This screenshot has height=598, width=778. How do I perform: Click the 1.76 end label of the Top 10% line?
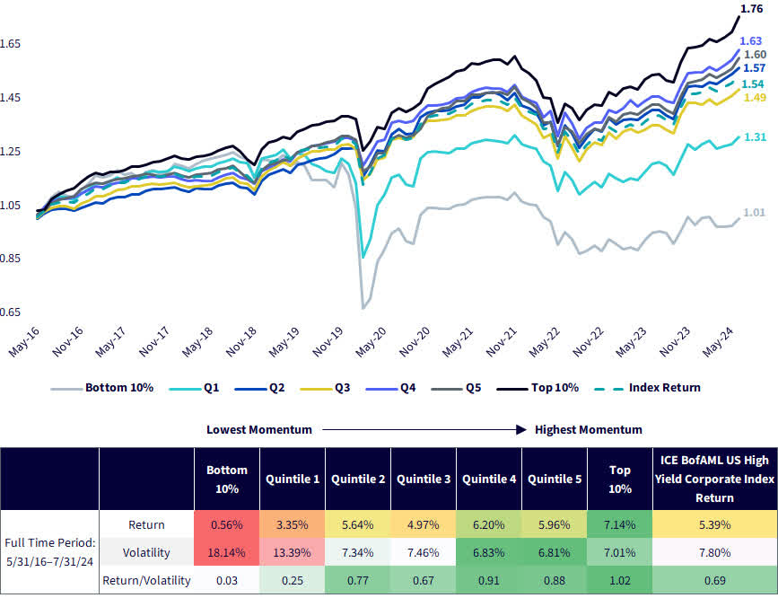tap(751, 10)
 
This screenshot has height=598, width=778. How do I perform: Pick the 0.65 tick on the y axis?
tap(10, 312)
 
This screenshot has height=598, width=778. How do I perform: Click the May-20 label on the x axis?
tap(371, 343)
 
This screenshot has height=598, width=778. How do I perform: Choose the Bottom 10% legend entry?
tap(118, 388)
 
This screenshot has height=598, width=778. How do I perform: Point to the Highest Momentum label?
tap(588, 429)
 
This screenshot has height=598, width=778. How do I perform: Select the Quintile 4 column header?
tap(489, 479)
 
